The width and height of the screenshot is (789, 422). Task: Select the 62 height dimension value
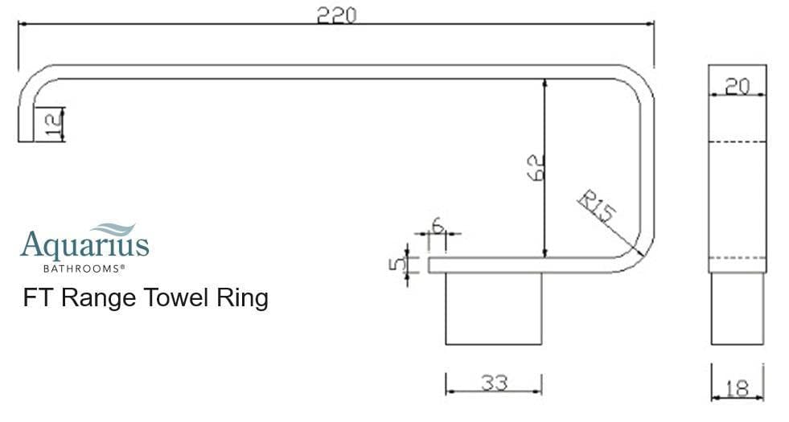[x=536, y=167]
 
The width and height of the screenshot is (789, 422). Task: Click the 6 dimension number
[x=438, y=225]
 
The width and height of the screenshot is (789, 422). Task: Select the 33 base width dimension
[x=494, y=383]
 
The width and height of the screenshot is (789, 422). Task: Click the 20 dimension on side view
[x=737, y=86]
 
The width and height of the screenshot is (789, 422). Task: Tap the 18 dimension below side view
[x=737, y=388]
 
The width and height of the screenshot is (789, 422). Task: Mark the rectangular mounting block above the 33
[x=494, y=309]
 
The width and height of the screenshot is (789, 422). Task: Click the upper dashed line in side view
[x=737, y=141]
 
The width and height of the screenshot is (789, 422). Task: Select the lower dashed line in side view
[x=737, y=257]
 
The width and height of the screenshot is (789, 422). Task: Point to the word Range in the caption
[x=97, y=298]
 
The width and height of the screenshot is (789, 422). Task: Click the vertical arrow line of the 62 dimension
[x=546, y=121]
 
